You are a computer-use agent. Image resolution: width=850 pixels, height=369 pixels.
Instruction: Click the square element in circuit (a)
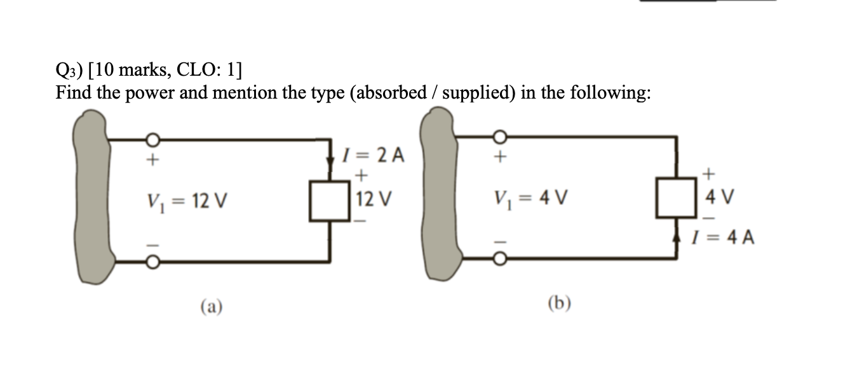pyautogui.click(x=330, y=201)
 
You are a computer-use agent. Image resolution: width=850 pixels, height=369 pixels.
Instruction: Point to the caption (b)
pyautogui.click(x=559, y=303)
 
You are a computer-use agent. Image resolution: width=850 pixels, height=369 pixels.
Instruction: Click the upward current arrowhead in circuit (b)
pyautogui.click(x=676, y=239)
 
